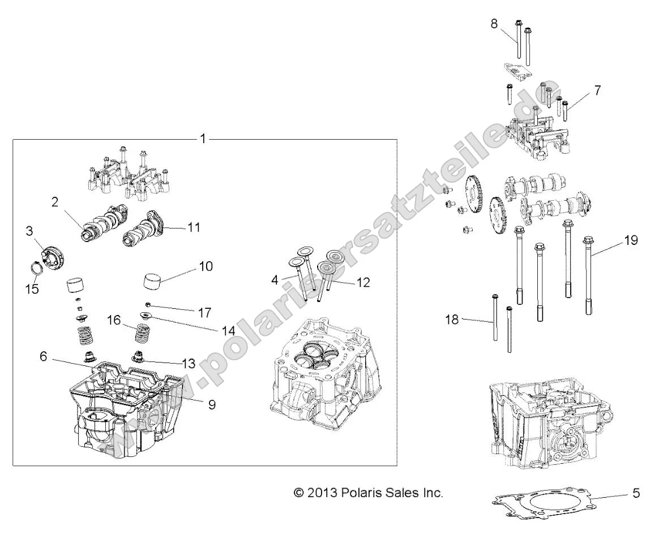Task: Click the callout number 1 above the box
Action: pyautogui.click(x=203, y=138)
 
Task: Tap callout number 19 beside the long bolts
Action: pyautogui.click(x=630, y=240)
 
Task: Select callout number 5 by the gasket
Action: pyautogui.click(x=636, y=493)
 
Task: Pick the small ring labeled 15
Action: pyautogui.click(x=36, y=266)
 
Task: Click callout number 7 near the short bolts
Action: pyautogui.click(x=597, y=90)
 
